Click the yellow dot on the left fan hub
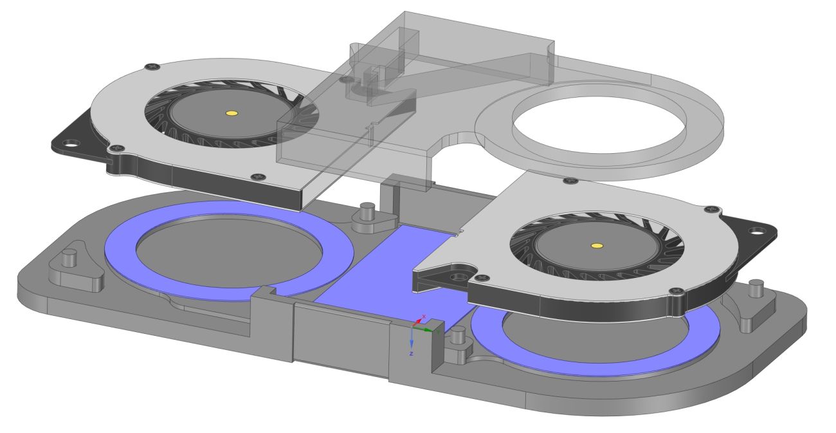tap(232, 114)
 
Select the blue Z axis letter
tap(411, 354)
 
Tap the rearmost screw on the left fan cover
tap(152, 66)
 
